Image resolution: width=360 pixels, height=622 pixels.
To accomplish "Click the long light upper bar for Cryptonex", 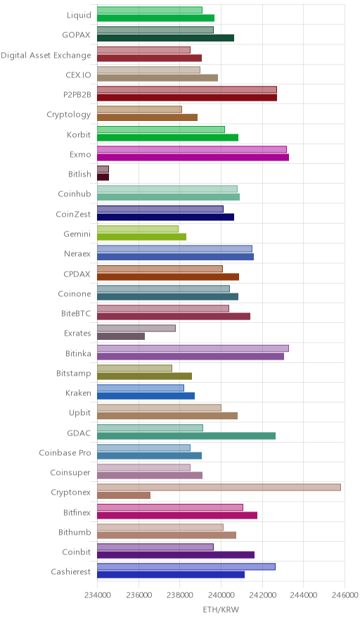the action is tap(219, 487).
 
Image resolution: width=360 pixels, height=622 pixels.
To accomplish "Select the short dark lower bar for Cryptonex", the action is tap(124, 495).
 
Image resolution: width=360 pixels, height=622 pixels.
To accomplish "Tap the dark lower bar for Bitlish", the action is tap(103, 177).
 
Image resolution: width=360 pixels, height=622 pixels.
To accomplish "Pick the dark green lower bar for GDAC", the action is tap(186, 436).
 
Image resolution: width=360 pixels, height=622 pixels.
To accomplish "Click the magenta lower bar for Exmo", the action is tap(193, 157).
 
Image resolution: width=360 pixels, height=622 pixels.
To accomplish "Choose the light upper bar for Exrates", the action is tap(136, 328).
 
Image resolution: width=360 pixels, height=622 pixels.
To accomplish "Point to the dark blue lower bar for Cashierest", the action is tap(171, 574).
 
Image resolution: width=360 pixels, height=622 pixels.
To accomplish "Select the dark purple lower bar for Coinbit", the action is tap(176, 554).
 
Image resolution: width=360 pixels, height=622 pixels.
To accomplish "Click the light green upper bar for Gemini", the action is tap(138, 229).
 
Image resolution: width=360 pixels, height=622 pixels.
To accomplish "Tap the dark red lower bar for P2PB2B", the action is tap(187, 98).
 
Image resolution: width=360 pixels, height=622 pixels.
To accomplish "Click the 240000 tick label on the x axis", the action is tap(221, 595).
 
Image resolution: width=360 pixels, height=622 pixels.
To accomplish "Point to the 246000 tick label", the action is tap(345, 595).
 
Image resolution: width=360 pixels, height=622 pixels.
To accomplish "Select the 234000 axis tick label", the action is tap(97, 595).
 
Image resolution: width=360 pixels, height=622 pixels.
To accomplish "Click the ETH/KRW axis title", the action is tap(221, 609).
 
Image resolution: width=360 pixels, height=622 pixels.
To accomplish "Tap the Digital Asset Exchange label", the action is tap(46, 55).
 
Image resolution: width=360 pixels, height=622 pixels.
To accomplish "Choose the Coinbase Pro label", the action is tap(65, 452).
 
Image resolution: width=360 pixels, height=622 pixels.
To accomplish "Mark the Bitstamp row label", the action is tap(73, 374).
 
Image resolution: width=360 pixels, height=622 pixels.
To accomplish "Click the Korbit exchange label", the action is tap(79, 134).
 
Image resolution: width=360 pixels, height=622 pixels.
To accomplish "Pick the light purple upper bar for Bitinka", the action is tap(193, 348).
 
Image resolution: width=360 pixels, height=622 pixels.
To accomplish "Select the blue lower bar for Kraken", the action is tap(146, 396).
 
